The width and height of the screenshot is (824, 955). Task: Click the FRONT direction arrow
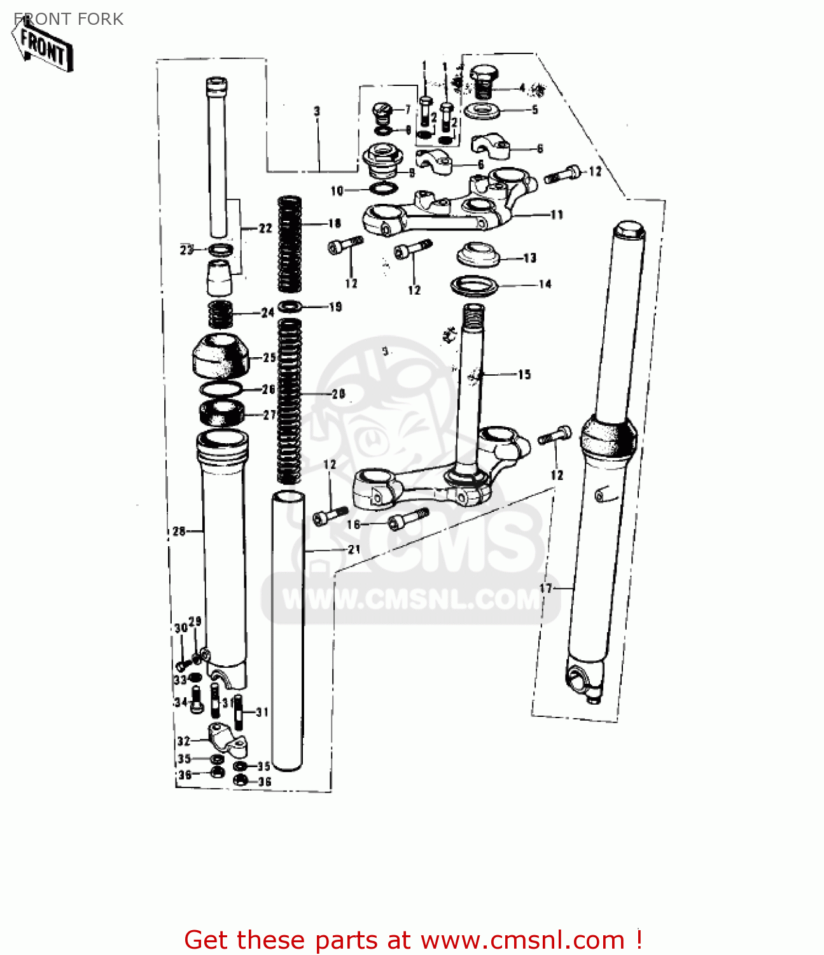tap(42, 45)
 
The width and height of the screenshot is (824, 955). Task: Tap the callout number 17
tap(546, 588)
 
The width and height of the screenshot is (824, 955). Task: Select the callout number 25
tap(270, 358)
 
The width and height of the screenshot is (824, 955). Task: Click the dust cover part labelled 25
tap(220, 355)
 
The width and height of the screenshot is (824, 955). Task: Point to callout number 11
tap(557, 215)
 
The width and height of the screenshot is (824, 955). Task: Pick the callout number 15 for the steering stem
tap(524, 374)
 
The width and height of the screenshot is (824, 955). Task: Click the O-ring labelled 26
tap(221, 389)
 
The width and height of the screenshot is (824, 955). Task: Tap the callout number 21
tap(354, 549)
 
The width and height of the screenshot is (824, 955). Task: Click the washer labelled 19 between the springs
tap(290, 306)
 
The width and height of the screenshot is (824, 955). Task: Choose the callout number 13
tap(530, 258)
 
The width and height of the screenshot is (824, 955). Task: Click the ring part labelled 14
tap(474, 285)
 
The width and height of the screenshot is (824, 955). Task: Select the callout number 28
tap(179, 531)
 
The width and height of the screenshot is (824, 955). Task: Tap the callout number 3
tap(317, 111)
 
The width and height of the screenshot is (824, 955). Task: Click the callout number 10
tap(337, 190)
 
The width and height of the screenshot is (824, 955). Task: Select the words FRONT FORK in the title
tap(69, 19)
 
